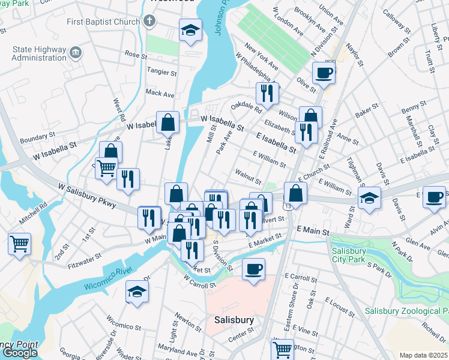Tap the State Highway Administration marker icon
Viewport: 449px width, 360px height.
[76, 52]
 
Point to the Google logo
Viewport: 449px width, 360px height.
[19, 353]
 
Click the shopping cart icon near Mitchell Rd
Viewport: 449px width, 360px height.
[20, 244]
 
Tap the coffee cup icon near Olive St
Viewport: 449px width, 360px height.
[324, 73]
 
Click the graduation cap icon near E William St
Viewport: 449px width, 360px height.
[369, 197]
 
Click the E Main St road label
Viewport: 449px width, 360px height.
[313, 230]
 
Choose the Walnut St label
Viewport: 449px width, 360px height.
[249, 179]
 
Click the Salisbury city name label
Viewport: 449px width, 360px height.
[234, 320]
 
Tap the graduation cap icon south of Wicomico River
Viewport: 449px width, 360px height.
[137, 293]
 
